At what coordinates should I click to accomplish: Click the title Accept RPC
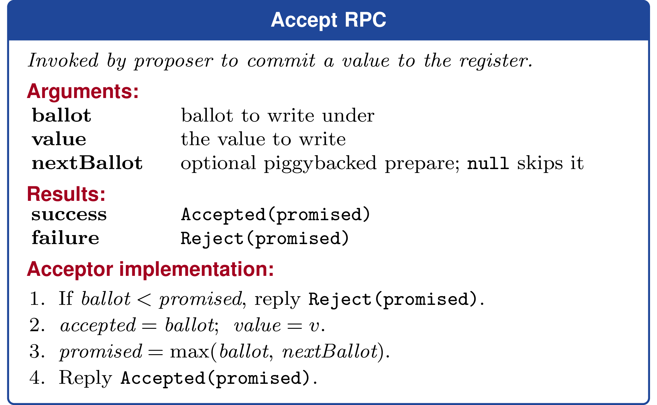click(328, 20)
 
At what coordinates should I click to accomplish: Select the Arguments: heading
click(83, 91)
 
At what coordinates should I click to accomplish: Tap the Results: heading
click(66, 194)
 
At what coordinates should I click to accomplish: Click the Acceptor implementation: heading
click(150, 269)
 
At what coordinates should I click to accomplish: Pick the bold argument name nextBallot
click(87, 163)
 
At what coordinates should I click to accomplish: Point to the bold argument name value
click(59, 139)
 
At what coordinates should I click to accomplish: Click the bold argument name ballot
click(61, 115)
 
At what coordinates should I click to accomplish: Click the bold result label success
click(69, 215)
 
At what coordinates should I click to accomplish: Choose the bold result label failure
click(65, 238)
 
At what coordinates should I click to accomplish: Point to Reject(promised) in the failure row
click(265, 239)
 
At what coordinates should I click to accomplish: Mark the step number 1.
click(37, 299)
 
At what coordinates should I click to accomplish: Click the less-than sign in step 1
click(144, 300)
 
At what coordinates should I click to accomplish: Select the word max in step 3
click(190, 352)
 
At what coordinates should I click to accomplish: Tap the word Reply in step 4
click(85, 378)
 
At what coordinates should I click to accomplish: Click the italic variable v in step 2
click(314, 326)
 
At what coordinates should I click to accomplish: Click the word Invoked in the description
click(63, 60)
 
